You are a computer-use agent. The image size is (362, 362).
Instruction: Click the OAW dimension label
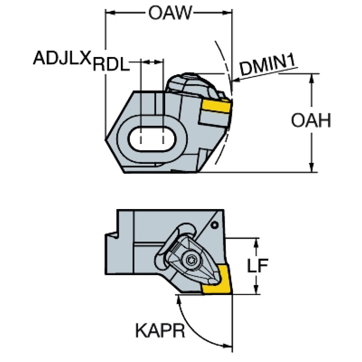coord(170,13)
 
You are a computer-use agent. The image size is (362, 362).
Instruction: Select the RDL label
coord(111,64)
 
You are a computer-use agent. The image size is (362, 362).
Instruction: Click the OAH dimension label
coord(311,121)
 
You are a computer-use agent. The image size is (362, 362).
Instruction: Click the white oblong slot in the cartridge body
coord(152,138)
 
